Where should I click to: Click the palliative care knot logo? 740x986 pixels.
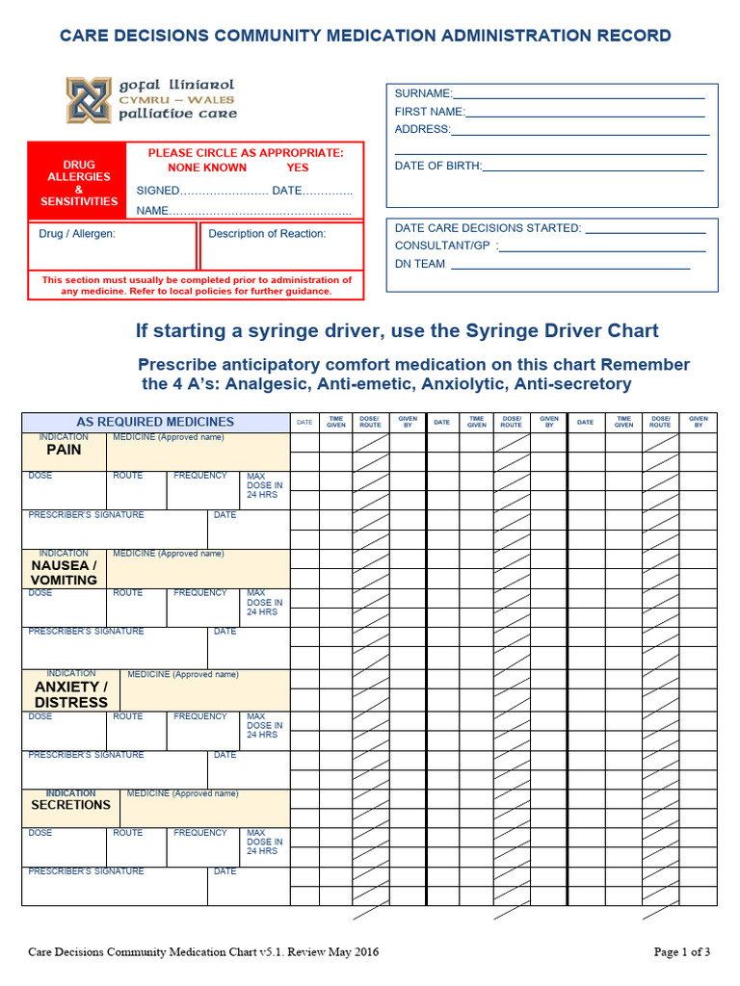coord(89,100)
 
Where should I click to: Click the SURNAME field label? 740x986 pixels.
coord(422,93)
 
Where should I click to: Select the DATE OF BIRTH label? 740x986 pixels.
coord(437,166)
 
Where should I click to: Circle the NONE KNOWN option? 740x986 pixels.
coord(207,168)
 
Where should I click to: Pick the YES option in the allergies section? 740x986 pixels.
coord(298,168)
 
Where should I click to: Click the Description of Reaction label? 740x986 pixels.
coord(267,234)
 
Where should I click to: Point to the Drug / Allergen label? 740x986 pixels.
coord(77,234)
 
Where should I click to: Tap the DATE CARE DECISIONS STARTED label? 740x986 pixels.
coord(488,228)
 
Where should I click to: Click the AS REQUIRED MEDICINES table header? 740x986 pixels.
coord(155,422)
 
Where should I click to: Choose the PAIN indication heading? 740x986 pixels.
coord(64,450)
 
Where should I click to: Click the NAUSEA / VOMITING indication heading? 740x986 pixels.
coord(64,573)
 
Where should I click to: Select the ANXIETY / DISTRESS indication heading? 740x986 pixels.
coord(71,694)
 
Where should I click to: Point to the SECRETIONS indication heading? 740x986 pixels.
coord(70,805)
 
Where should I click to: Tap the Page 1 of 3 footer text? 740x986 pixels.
coord(682,952)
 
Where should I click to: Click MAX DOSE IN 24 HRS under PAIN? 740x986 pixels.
coord(264,486)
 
